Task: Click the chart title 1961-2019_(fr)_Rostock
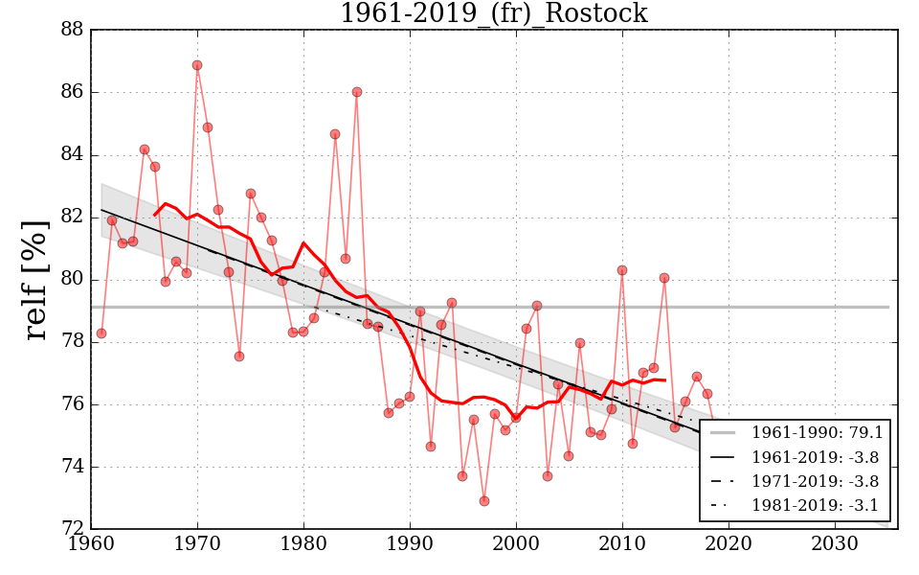[493, 13]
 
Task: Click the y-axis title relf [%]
[36, 279]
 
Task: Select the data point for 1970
[197, 65]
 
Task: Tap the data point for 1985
[357, 92]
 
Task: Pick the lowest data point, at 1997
[484, 501]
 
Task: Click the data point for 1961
[101, 333]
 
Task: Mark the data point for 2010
[622, 270]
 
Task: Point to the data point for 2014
[664, 278]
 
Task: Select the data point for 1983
[335, 134]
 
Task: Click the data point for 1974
[239, 356]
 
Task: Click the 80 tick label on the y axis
[72, 280]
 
